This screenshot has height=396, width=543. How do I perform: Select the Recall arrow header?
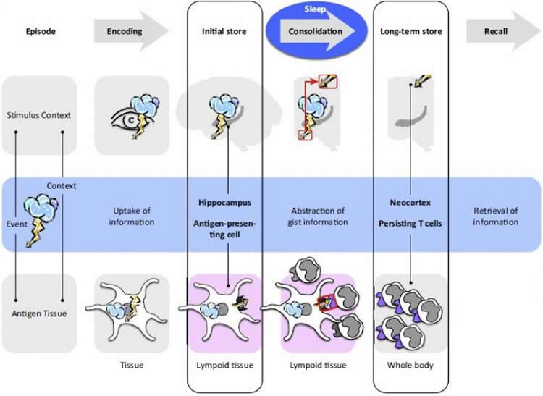click(x=496, y=32)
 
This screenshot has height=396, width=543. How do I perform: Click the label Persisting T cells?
click(x=411, y=224)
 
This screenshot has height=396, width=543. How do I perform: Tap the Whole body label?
click(x=411, y=365)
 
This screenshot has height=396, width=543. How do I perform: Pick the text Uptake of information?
click(x=131, y=216)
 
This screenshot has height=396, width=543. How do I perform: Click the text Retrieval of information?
click(x=496, y=216)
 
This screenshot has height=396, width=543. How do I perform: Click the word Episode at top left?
click(x=41, y=32)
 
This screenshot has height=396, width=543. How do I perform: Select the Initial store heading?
click(x=224, y=32)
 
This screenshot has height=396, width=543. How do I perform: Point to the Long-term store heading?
click(x=411, y=32)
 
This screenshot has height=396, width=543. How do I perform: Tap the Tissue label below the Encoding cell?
click(x=131, y=365)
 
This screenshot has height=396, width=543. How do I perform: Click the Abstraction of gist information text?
click(x=316, y=216)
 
